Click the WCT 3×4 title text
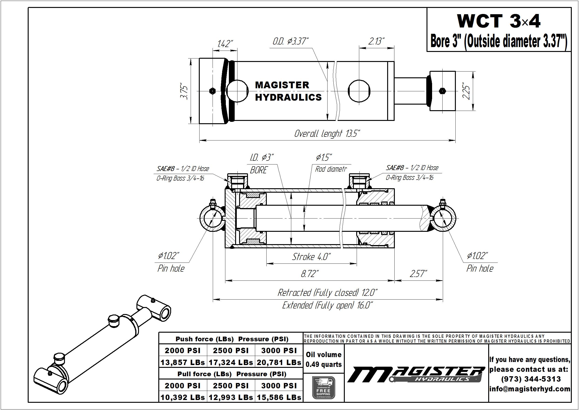[498, 21]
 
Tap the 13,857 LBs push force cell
[183, 362]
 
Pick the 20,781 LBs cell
[279, 362]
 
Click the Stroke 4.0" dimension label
[311, 257]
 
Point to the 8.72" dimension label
[310, 274]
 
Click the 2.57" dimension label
[418, 274]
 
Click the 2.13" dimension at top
[376, 41]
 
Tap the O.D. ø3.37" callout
[291, 41]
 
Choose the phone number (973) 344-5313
[531, 379]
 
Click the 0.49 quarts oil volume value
[324, 365]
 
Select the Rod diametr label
[331, 169]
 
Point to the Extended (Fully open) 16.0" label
[328, 305]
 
